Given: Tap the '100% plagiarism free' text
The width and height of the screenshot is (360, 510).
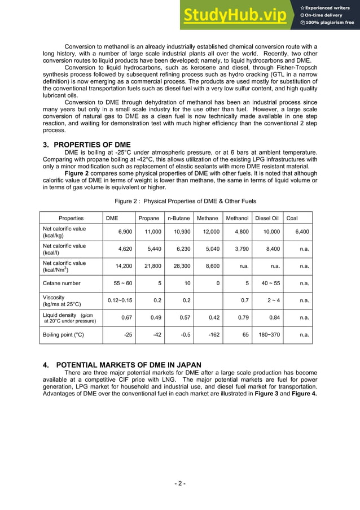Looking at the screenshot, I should tap(330, 23).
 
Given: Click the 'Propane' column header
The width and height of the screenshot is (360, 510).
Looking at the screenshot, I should tap(149, 218).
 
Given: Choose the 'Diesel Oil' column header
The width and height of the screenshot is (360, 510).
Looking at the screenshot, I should tap(267, 218).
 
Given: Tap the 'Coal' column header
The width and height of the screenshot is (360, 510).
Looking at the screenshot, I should tap(293, 218).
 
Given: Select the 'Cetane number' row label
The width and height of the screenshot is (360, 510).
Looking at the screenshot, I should tap(62, 283).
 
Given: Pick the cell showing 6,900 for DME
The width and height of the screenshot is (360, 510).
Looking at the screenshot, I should tap(125, 232).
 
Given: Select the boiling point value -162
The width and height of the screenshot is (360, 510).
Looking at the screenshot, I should tap(214, 334).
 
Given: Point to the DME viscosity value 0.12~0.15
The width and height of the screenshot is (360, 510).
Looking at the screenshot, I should tap(120, 300).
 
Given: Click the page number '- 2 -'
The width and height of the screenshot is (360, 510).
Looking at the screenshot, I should tap(179, 483).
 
